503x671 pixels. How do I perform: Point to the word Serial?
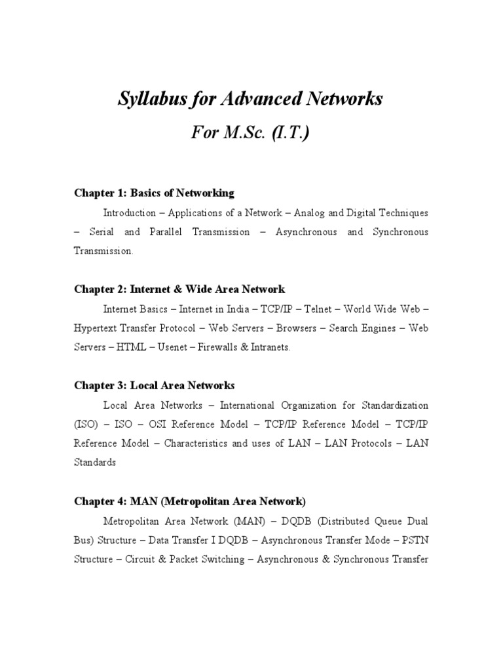point(100,232)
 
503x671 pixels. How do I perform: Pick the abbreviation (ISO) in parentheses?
point(85,424)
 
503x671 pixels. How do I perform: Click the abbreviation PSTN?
point(417,541)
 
